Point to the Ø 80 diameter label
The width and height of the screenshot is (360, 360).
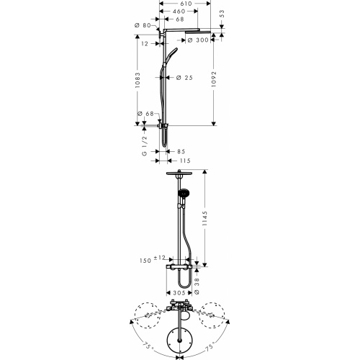141,26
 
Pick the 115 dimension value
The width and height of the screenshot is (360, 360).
184,160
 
